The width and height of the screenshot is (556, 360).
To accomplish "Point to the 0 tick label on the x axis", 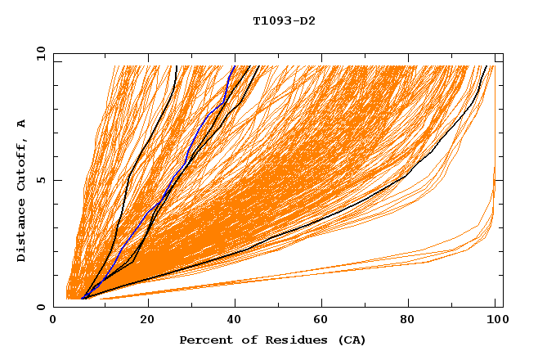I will pyautogui.click(x=54, y=320).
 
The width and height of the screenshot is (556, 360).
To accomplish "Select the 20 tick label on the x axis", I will pyautogui.click(x=147, y=320).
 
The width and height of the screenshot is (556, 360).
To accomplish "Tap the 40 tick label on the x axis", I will pyautogui.click(x=236, y=320).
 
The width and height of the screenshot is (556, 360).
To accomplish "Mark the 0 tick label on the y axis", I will pyautogui.click(x=41, y=307).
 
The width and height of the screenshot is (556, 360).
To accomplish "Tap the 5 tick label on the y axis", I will pyautogui.click(x=41, y=180).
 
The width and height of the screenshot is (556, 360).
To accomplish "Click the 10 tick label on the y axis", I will pyautogui.click(x=38, y=53).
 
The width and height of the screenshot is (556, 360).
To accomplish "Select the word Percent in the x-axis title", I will pyautogui.click(x=204, y=340).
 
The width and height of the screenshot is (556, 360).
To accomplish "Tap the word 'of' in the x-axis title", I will pyautogui.click(x=242, y=340).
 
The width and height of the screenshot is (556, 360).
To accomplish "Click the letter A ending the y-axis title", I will pyautogui.click(x=22, y=124).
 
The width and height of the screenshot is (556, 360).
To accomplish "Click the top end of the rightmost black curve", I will pyautogui.click(x=487, y=66).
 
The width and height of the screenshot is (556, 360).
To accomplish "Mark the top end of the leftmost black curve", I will pyautogui.click(x=177, y=66).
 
